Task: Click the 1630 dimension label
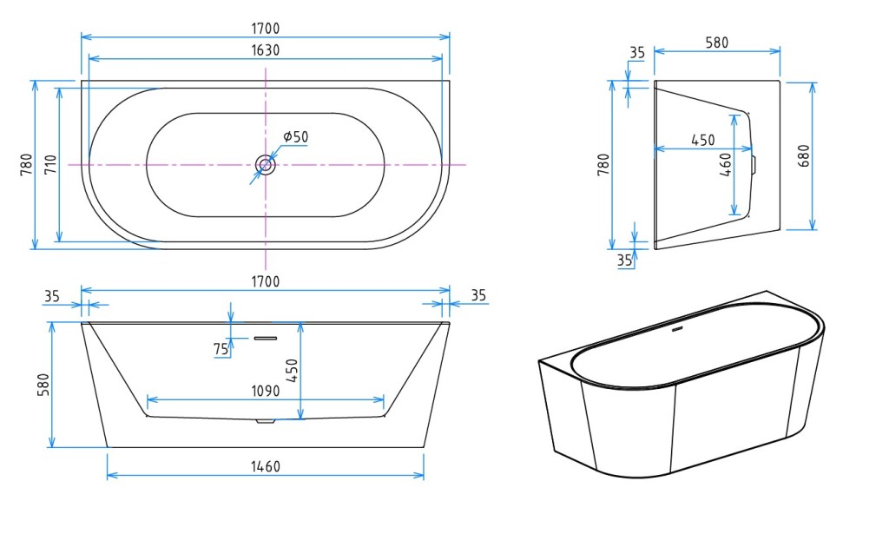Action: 266,50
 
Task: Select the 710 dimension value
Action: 51,164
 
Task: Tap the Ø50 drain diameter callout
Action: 295,136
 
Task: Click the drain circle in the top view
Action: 266,165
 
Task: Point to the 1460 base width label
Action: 266,466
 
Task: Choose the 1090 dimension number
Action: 266,391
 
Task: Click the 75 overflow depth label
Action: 221,349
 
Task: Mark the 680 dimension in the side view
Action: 803,156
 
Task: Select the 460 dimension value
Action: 725,164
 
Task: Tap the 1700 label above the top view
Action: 266,29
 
